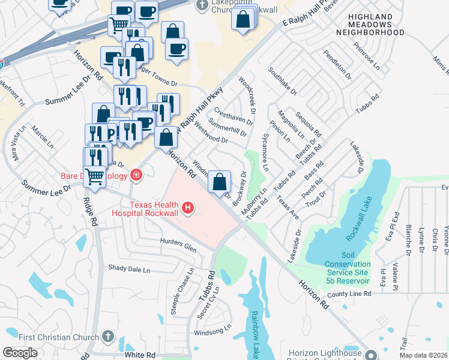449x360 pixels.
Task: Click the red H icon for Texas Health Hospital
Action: click(188, 209)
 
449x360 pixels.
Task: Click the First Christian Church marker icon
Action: click(108, 335)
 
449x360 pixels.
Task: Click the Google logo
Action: click(20, 352)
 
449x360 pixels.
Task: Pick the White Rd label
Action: click(136, 355)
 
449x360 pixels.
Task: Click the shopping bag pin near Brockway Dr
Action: click(220, 181)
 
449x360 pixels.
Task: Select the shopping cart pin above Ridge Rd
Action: click(94, 176)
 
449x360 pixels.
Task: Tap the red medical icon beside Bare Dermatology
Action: click(137, 175)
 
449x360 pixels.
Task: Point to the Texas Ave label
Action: click(287, 207)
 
